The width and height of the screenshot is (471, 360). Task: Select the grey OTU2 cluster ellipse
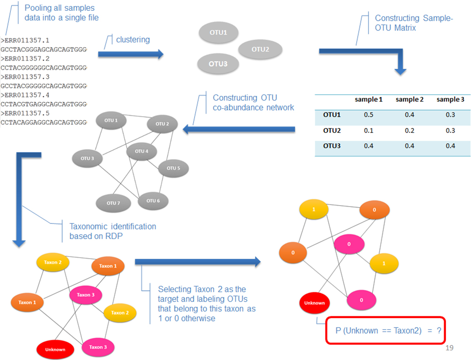[260, 49]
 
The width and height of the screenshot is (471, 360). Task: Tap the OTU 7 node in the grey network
[112, 203]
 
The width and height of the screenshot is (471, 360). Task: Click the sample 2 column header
[409, 99]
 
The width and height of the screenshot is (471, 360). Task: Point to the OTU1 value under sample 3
[450, 114]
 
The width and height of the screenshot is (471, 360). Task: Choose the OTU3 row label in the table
[332, 146]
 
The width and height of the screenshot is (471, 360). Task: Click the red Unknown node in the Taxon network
[55, 350]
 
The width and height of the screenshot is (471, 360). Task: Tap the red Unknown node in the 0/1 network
[314, 303]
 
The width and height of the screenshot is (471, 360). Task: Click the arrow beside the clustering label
[130, 55]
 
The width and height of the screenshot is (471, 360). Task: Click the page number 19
[449, 348]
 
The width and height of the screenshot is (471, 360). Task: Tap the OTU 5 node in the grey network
[173, 168]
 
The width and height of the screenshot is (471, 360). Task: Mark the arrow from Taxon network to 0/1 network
[197, 262]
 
